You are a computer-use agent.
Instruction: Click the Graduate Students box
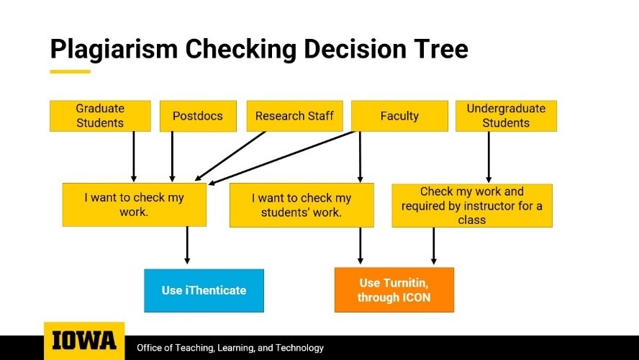(x=100, y=116)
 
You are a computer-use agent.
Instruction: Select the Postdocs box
(x=198, y=116)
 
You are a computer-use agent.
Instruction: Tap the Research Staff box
(x=294, y=116)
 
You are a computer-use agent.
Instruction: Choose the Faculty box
(x=399, y=116)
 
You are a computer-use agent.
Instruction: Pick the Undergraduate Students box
(x=506, y=116)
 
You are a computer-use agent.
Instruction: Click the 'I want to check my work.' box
(x=135, y=204)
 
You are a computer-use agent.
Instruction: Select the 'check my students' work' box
(x=302, y=205)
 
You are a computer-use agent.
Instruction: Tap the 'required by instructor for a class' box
(x=472, y=205)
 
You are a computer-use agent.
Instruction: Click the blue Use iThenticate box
(x=204, y=290)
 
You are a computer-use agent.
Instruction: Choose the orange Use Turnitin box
(x=394, y=290)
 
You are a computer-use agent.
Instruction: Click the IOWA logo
(x=84, y=341)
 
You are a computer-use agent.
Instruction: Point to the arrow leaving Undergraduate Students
(x=489, y=157)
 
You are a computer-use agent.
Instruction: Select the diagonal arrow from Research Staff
(x=230, y=156)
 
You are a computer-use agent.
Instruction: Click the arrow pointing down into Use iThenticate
(x=187, y=245)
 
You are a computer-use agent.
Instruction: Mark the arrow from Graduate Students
(x=134, y=156)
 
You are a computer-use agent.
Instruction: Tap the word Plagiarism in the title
(x=114, y=50)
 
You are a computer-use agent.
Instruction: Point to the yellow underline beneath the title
(x=70, y=72)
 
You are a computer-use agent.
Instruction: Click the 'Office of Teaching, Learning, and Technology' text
(x=230, y=348)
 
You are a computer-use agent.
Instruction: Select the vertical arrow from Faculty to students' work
(x=360, y=157)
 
